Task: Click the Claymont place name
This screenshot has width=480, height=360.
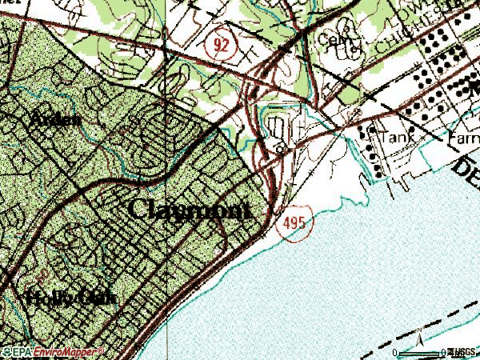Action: (190, 210)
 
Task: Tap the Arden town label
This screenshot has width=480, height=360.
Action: (55, 120)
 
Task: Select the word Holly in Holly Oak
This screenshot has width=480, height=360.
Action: (50, 299)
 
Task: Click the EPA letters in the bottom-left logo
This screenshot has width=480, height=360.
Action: (17, 351)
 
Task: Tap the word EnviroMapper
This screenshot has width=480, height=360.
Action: (64, 351)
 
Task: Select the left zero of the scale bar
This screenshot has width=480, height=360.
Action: (396, 353)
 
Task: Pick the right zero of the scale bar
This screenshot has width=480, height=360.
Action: (444, 353)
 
